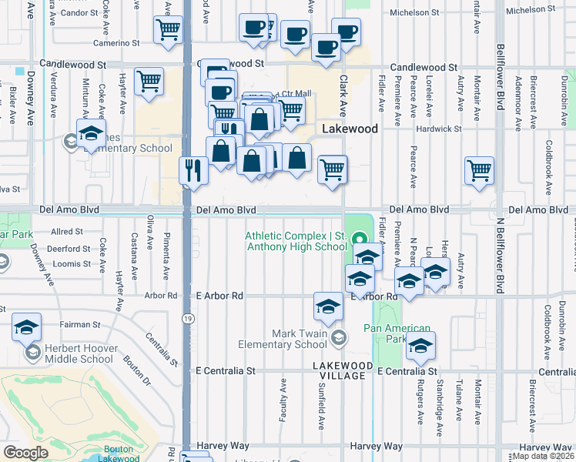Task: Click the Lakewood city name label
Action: (350, 129)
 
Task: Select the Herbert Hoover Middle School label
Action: (75, 353)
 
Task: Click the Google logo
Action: (26, 452)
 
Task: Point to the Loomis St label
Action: (74, 264)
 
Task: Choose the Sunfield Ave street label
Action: (320, 411)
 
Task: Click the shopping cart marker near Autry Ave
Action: (479, 169)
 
